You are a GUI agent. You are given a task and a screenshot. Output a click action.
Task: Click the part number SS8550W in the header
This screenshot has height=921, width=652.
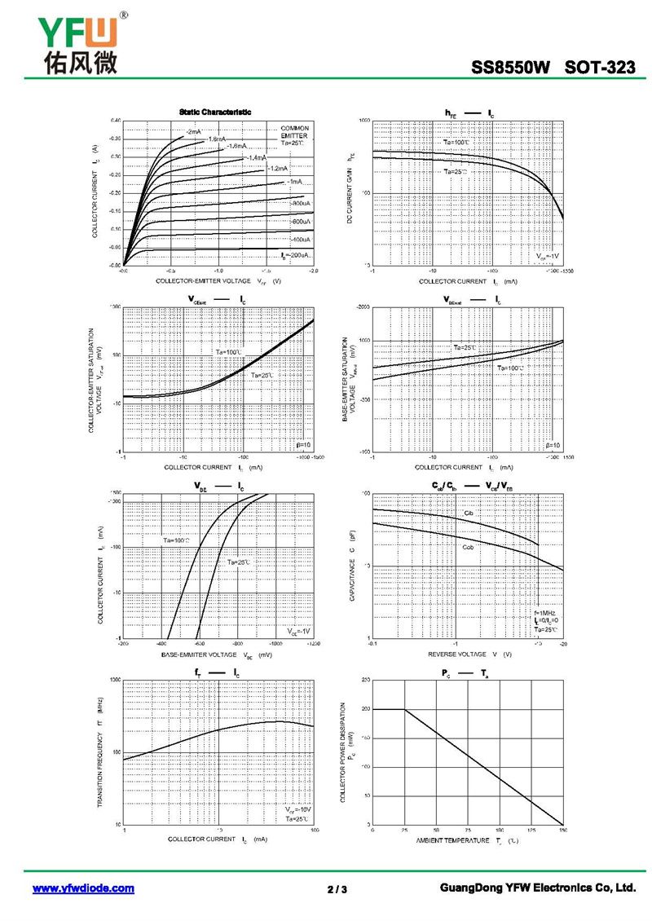[511, 68]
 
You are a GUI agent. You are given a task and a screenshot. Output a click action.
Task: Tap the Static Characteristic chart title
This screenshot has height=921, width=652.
[215, 112]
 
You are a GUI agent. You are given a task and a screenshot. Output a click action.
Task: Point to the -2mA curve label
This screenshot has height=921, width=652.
[193, 131]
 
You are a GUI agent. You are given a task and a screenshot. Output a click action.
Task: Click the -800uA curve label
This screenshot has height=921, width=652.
[301, 203]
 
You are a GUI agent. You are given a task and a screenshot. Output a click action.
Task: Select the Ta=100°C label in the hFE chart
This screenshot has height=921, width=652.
[456, 143]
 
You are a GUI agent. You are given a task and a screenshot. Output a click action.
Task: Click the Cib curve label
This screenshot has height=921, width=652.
[469, 513]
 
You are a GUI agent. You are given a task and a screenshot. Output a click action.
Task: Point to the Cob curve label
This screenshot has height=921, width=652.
[468, 546]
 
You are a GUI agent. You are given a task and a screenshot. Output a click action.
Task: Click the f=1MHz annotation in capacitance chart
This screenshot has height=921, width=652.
[545, 612]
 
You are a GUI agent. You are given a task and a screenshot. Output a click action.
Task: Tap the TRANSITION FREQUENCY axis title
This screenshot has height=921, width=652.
[99, 751]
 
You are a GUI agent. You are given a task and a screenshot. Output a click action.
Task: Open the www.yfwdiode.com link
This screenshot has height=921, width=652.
[83, 888]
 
